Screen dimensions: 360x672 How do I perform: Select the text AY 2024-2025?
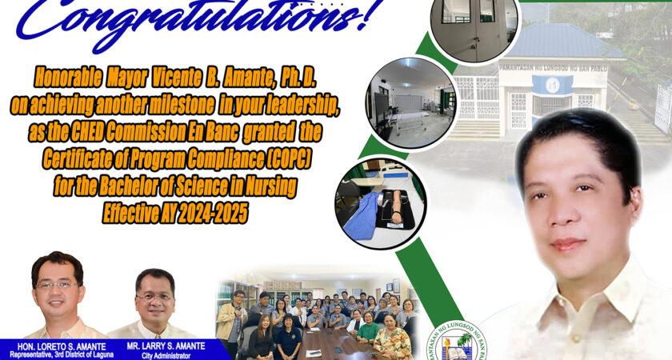pos(204,214)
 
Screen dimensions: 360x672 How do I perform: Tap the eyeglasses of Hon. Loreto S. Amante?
pos(58,285)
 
